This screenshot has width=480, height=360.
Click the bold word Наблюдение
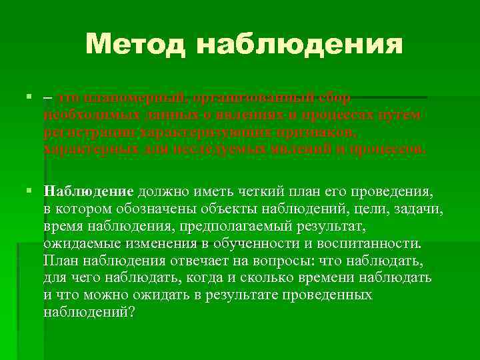[x=89, y=192]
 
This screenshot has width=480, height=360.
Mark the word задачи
[x=419, y=209]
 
